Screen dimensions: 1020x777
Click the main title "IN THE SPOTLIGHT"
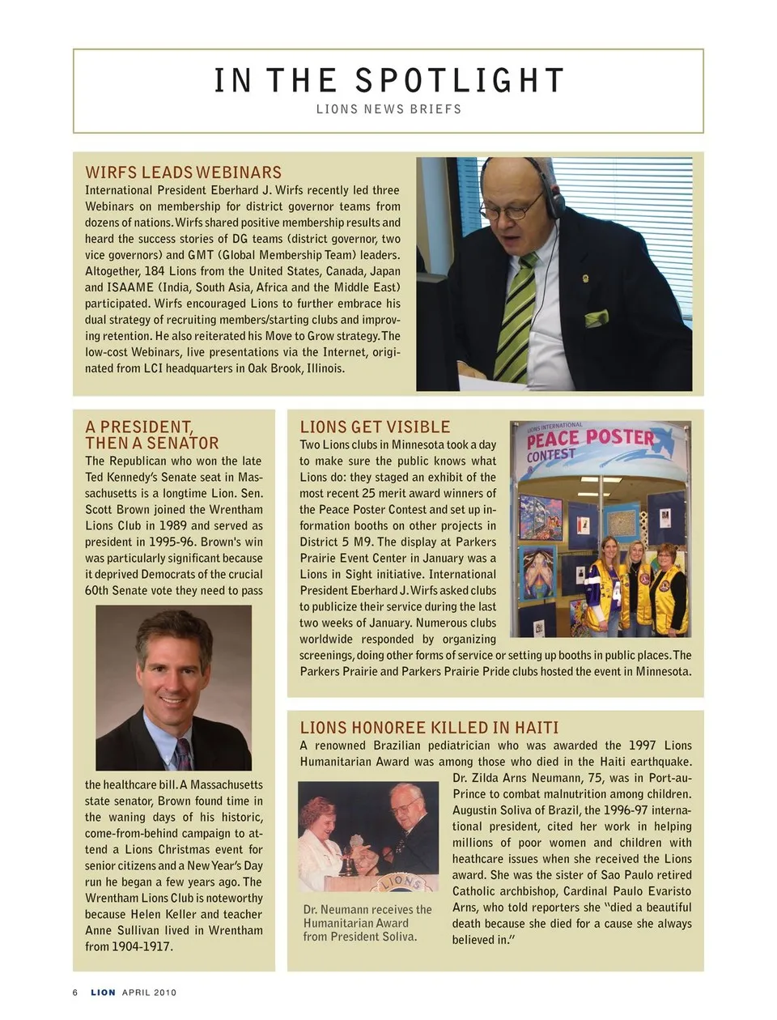[388, 81]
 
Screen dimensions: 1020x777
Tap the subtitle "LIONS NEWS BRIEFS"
[388, 109]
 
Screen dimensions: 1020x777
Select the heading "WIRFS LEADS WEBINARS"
[184, 172]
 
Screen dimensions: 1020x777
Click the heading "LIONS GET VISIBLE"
[375, 427]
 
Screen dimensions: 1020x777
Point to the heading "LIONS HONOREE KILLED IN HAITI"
[429, 728]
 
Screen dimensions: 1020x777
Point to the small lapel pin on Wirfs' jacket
[586, 279]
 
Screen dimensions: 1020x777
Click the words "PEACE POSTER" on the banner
[589, 438]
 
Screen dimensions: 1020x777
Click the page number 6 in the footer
[75, 992]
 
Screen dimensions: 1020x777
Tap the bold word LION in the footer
[103, 992]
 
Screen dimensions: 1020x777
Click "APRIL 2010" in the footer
[149, 992]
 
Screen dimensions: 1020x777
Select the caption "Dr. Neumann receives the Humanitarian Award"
[367, 916]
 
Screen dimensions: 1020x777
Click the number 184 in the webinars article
[154, 271]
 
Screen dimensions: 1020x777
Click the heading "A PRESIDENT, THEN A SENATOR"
[152, 435]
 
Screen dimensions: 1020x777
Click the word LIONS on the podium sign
[402, 881]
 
